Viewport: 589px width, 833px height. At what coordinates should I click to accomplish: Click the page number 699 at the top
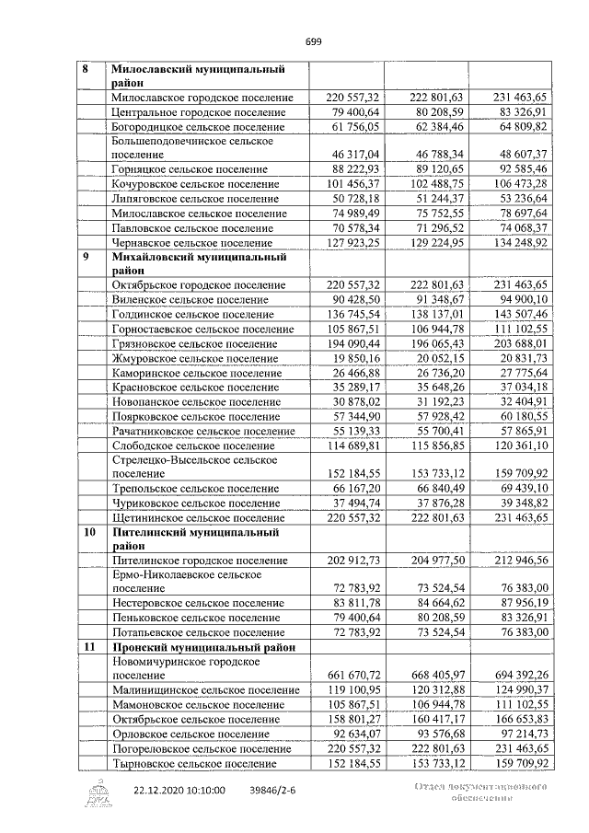point(313,40)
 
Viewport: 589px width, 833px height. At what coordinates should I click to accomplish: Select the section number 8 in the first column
point(87,69)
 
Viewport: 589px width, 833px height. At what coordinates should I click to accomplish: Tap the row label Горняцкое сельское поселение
point(195,169)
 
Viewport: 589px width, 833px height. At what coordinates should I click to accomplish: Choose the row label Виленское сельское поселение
point(190,299)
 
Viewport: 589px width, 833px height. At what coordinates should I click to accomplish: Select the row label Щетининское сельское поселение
point(196,518)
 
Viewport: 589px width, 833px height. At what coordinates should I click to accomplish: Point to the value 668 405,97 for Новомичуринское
point(430,675)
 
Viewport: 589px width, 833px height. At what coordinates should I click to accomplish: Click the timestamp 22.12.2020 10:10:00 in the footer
point(179,790)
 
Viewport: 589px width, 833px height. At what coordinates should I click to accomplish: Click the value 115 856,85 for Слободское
point(430,445)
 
